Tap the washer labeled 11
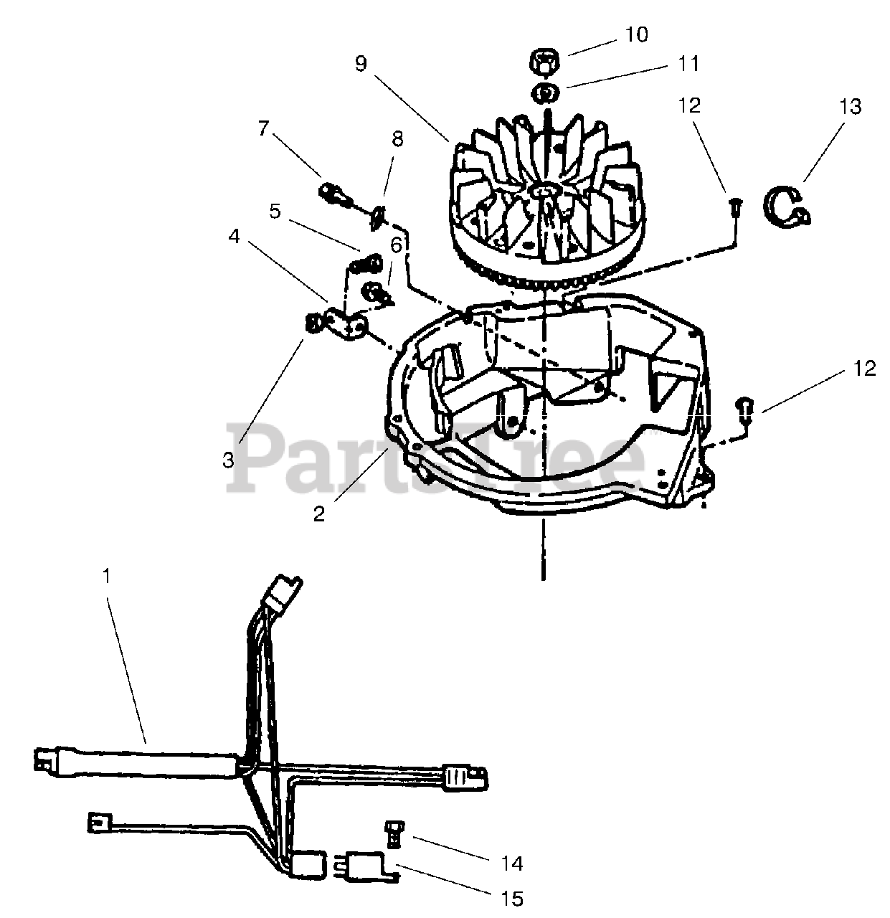pyautogui.click(x=547, y=93)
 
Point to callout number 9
pyautogui.click(x=361, y=63)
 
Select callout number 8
pyautogui.click(x=397, y=138)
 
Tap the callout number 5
pyautogui.click(x=275, y=211)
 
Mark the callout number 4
pyautogui.click(x=234, y=236)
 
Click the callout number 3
pyautogui.click(x=228, y=460)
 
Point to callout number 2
pyautogui.click(x=319, y=514)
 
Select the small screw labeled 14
pyautogui.click(x=392, y=831)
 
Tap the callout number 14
pyautogui.click(x=513, y=863)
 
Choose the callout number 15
pyautogui.click(x=513, y=898)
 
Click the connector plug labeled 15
pyautogui.click(x=366, y=863)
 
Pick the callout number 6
pyautogui.click(x=396, y=244)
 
